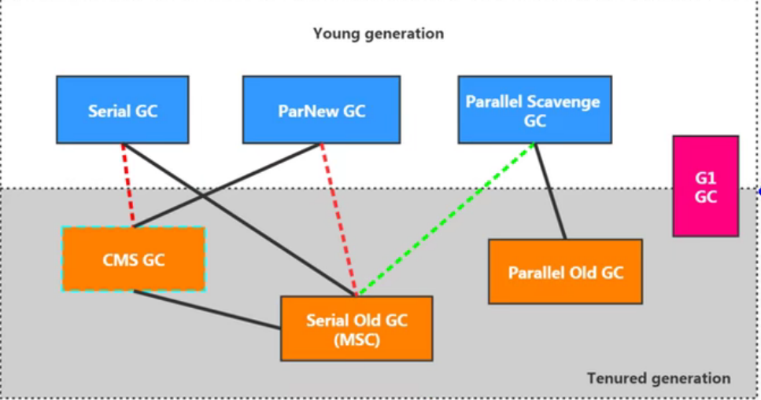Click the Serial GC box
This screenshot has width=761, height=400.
click(x=122, y=109)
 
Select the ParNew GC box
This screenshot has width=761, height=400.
click(x=321, y=109)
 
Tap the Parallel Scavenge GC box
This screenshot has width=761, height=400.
click(x=534, y=109)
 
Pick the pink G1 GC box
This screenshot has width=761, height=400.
click(x=705, y=186)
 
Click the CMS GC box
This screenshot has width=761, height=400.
click(x=133, y=259)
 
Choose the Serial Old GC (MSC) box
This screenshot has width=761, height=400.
click(x=356, y=328)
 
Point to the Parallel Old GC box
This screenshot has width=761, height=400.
click(x=565, y=272)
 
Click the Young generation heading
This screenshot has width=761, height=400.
click(x=378, y=34)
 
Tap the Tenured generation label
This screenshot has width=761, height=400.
click(x=658, y=378)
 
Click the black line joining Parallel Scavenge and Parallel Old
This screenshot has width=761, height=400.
click(x=550, y=192)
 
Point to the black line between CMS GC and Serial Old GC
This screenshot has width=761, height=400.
click(x=206, y=310)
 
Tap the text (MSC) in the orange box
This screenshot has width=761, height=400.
click(x=356, y=340)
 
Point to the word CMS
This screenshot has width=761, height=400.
click(x=118, y=259)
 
